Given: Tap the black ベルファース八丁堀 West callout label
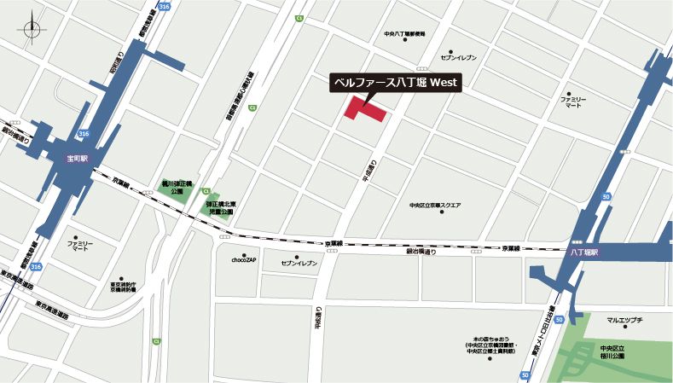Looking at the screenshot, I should coord(395,83).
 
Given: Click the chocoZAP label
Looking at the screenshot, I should coord(244,259).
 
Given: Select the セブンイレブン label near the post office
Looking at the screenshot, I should coord(458,57).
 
